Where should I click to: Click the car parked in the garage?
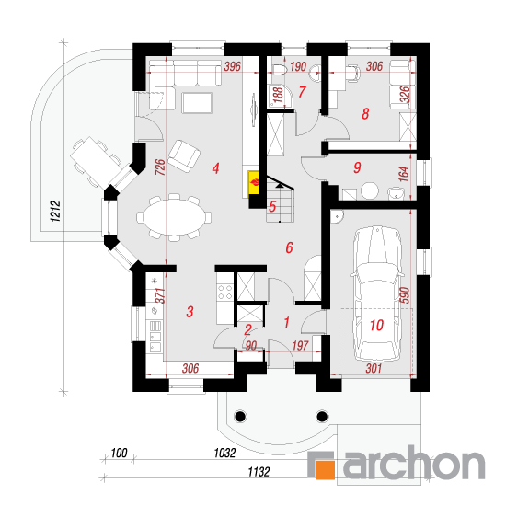click(376, 293)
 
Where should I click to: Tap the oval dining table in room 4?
click(174, 217)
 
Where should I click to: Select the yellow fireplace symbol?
click(254, 183)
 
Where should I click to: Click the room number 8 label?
click(365, 114)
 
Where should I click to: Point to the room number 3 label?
click(190, 312)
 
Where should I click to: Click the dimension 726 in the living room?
click(160, 167)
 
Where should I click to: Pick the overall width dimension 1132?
click(259, 472)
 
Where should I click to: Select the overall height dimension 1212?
click(55, 211)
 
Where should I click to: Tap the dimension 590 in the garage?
click(405, 295)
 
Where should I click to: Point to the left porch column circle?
click(240, 416)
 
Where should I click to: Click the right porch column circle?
click(322, 416)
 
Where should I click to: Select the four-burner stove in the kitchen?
click(224, 292)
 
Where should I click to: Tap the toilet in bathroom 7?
click(279, 69)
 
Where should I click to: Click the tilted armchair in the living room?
click(184, 155)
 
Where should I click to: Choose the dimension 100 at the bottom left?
click(119, 454)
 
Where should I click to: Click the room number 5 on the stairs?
click(272, 206)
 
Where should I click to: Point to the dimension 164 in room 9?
click(404, 174)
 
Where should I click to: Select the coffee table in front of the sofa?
click(197, 103)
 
